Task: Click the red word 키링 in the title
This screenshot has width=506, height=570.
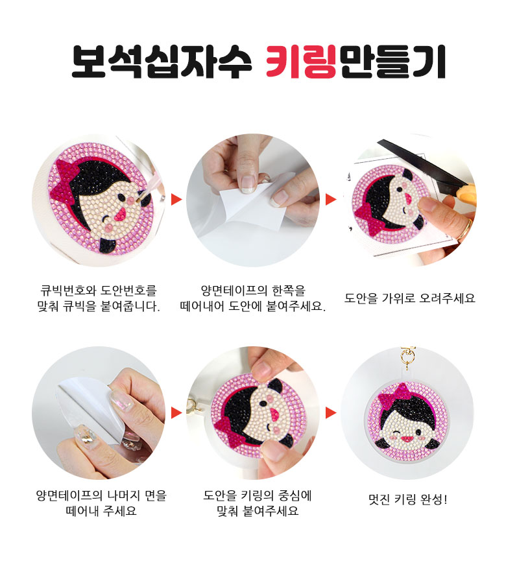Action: tap(300, 61)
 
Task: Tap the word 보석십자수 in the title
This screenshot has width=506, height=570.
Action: tap(162, 61)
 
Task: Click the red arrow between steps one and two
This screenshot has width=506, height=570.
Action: tap(176, 199)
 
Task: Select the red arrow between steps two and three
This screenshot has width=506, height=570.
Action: tap(331, 199)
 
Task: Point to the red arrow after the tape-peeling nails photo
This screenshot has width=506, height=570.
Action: tap(176, 412)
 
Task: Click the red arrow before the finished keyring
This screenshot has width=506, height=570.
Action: tap(331, 412)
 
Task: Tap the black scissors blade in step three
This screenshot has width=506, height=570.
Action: tap(421, 161)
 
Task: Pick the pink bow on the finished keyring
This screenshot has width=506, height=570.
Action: tap(394, 397)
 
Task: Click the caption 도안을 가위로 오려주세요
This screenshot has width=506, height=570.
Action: tap(409, 298)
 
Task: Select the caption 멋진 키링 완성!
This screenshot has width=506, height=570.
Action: tap(408, 499)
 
